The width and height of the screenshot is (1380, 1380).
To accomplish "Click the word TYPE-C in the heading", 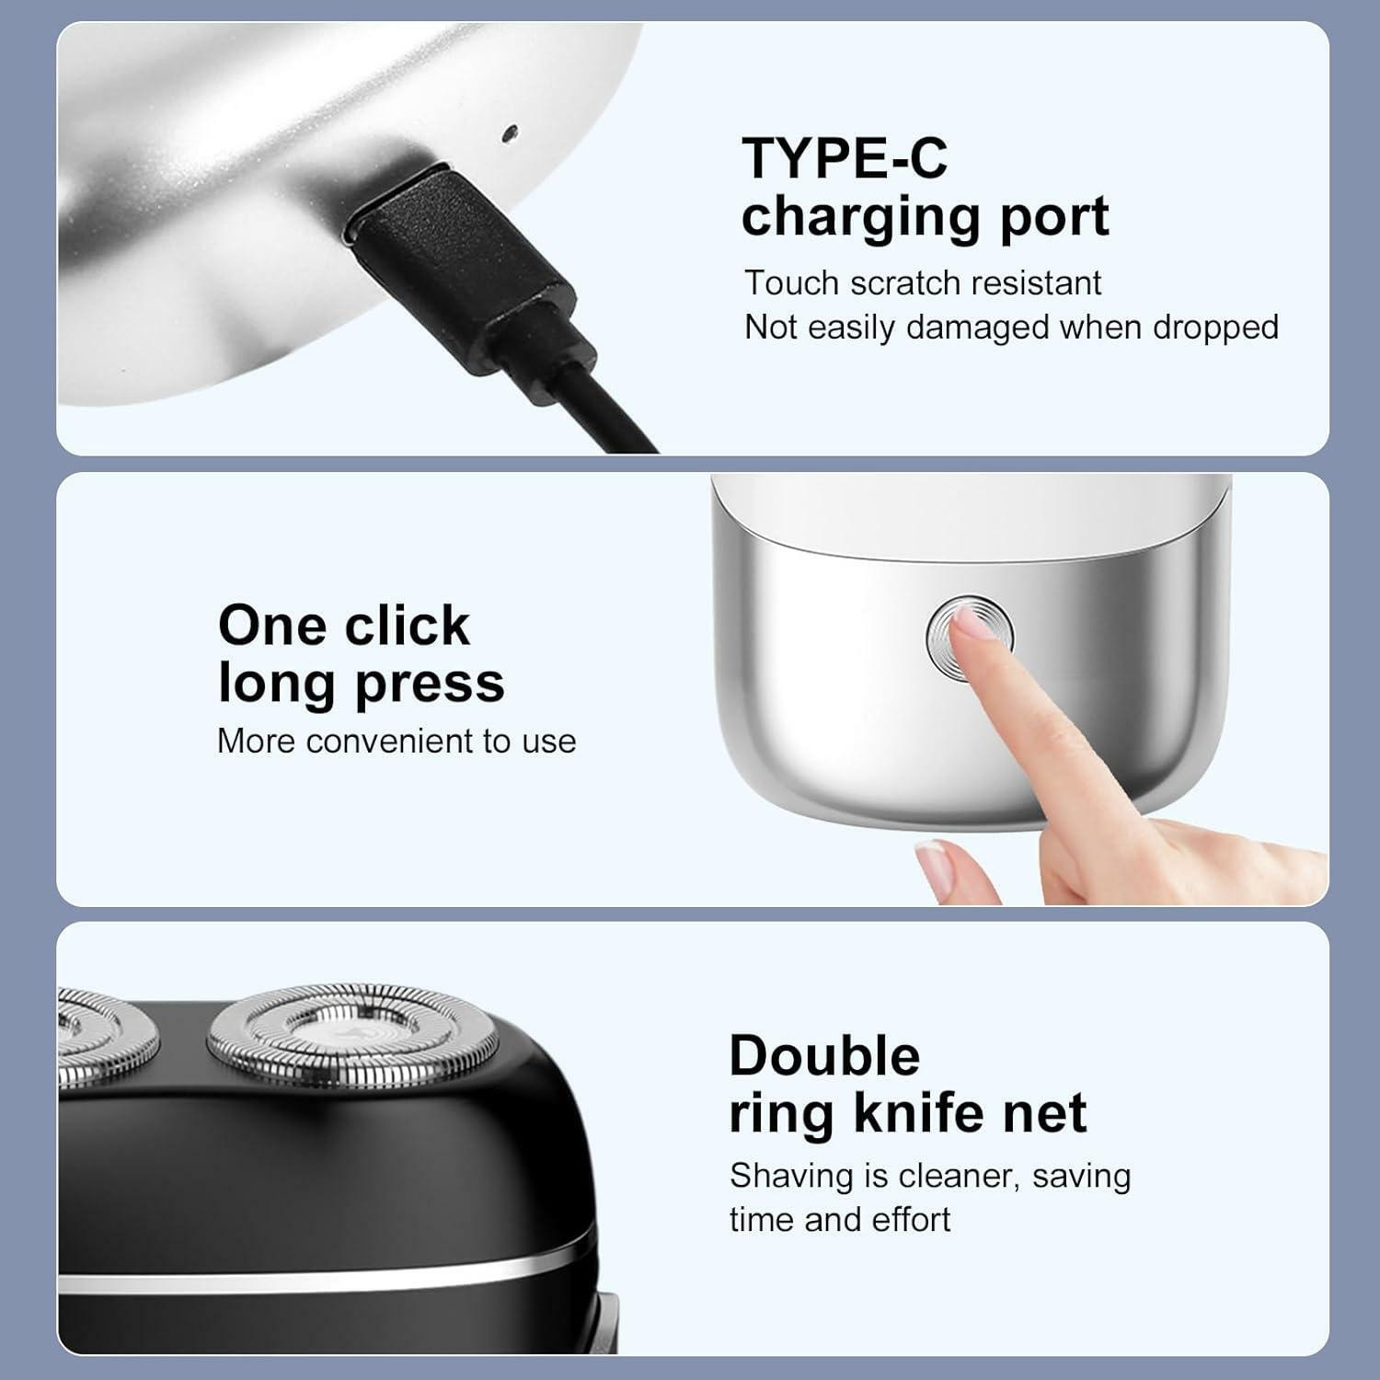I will (x=844, y=157).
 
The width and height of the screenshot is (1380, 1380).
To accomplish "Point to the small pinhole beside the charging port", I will (x=506, y=133).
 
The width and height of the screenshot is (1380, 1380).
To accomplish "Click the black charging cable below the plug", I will (x=589, y=405).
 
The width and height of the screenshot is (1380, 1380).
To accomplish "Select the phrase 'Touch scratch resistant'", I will (x=922, y=283).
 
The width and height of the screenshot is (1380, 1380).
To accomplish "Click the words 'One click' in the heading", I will (x=343, y=627).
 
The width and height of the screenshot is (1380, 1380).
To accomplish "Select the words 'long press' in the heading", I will (x=361, y=684).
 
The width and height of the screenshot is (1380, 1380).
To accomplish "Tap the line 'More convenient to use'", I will (x=397, y=742).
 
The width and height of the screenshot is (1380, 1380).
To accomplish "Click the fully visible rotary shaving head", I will (x=352, y=1040).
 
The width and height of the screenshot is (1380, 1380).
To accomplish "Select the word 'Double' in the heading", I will (x=824, y=1056).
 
